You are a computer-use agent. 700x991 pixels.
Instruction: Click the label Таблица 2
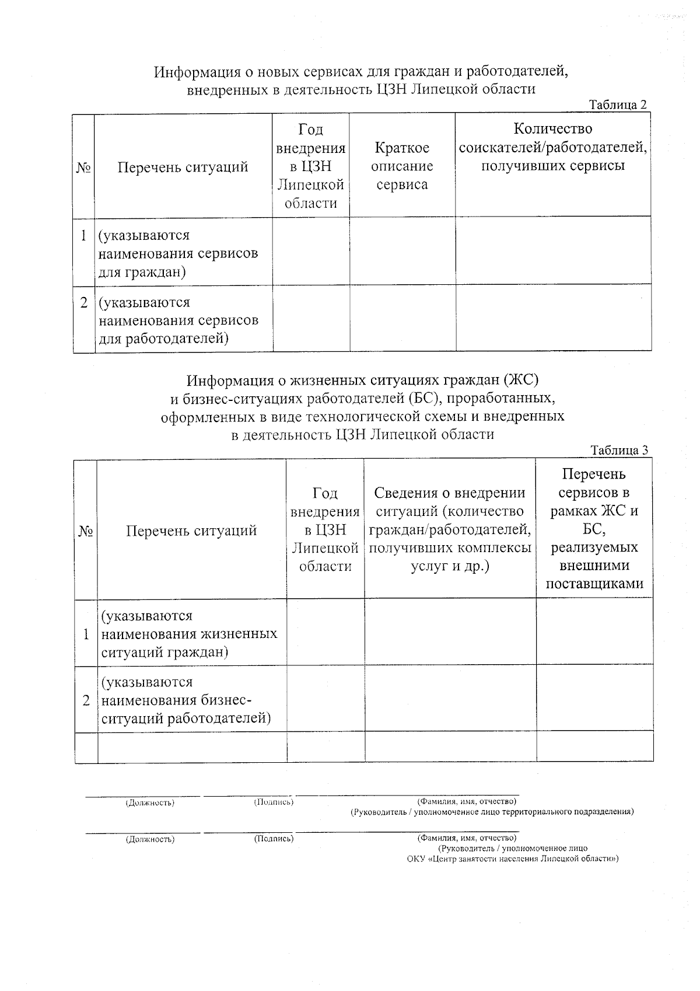[x=618, y=106]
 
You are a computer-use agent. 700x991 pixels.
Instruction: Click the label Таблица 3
[x=619, y=451]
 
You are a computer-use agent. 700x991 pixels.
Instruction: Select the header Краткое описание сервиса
[x=402, y=166]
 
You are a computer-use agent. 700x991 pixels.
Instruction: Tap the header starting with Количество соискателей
[x=552, y=147]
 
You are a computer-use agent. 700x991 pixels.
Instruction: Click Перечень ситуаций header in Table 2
[x=183, y=168]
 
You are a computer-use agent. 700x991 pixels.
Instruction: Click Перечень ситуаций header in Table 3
[x=191, y=531]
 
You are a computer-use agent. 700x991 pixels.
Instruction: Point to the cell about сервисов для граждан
[x=178, y=253]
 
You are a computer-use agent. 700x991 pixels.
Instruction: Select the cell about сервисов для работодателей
[x=178, y=320]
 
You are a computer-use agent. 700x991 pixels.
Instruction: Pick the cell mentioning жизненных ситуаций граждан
[x=189, y=634]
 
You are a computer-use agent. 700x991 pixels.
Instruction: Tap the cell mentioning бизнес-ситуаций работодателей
[x=186, y=700]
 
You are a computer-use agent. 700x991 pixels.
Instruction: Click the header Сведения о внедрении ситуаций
[x=450, y=529]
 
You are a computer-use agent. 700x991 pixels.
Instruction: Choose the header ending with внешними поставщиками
[x=594, y=529]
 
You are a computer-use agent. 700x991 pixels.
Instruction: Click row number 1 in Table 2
[x=84, y=236]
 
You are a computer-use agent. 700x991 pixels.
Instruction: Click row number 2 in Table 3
[x=86, y=700]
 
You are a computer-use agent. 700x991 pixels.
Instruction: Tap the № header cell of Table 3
[x=86, y=531]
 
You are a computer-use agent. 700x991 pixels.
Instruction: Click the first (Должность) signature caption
[x=150, y=803]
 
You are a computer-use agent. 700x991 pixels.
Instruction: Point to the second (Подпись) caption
[x=274, y=839]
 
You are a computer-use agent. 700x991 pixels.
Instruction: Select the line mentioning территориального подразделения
[x=492, y=812]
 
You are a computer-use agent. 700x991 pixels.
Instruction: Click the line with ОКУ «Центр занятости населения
[x=513, y=859]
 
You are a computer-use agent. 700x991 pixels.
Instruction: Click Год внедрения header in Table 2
[x=310, y=166]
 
